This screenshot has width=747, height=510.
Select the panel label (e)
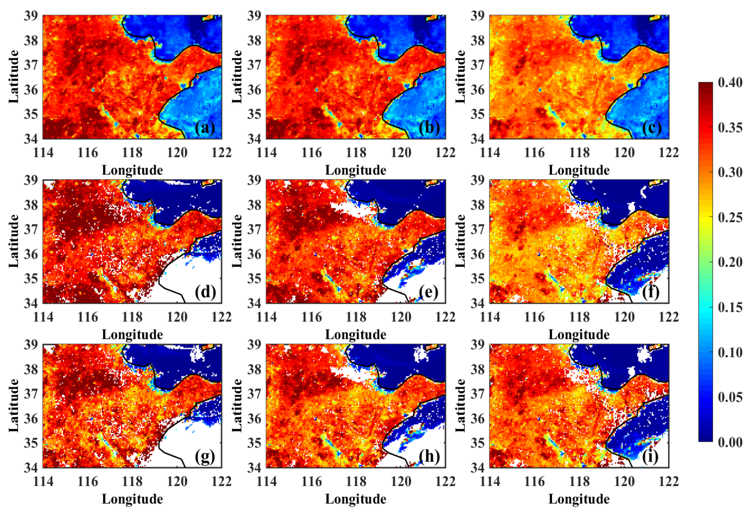click(x=428, y=293)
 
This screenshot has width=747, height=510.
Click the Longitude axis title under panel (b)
click(x=356, y=170)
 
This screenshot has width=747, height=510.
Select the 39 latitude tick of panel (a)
click(x=31, y=15)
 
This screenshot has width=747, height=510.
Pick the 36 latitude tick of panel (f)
click(x=477, y=254)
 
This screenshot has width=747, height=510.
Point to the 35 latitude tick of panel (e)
click(x=254, y=278)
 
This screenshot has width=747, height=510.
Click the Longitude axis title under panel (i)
click(x=579, y=499)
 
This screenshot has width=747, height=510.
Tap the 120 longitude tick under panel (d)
click(x=177, y=317)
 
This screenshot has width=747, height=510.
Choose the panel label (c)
click(x=652, y=128)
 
